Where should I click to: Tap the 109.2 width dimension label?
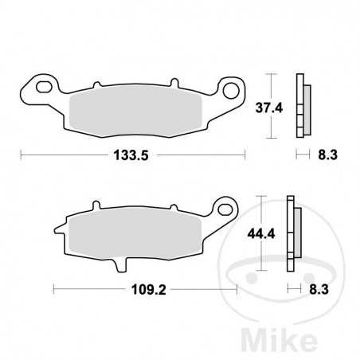coord(144,291)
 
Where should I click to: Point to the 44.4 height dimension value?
coord(260,234)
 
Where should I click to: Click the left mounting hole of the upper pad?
coord(44,83)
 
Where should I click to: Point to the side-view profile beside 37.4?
coord(301,107)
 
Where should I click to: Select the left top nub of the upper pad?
coord(96,84)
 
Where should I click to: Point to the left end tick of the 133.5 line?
coord(21,155)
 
